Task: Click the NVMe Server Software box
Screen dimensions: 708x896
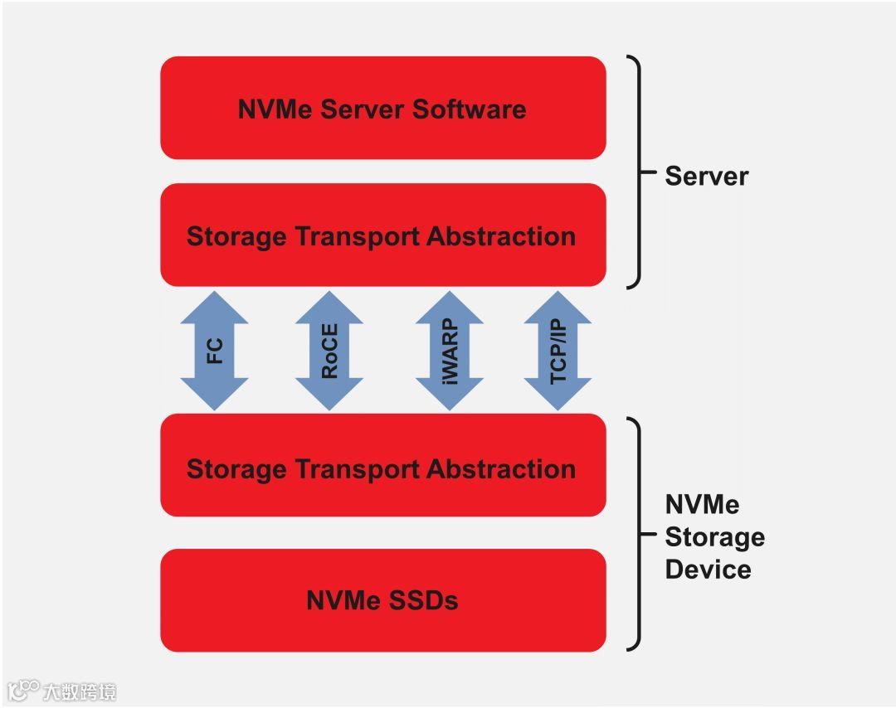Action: pyautogui.click(x=382, y=108)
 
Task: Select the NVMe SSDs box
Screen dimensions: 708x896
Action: pyautogui.click(x=382, y=599)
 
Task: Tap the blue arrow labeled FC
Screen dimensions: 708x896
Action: pyautogui.click(x=214, y=351)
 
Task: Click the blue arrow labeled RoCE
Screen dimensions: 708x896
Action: pyautogui.click(x=329, y=351)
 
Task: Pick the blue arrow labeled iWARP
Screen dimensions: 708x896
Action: pyautogui.click(x=449, y=351)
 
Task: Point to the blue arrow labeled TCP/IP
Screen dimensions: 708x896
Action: pyautogui.click(x=558, y=351)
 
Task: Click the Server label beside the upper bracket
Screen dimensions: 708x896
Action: pyautogui.click(x=706, y=176)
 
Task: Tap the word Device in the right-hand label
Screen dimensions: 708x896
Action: pyautogui.click(x=708, y=570)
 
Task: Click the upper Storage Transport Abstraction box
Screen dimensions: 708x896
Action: pyautogui.click(x=382, y=235)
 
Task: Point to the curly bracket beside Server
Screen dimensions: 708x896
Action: pyautogui.click(x=636, y=172)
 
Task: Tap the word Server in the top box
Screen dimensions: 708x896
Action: pyautogui.click(x=363, y=109)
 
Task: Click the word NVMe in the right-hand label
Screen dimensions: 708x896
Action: pyautogui.click(x=702, y=505)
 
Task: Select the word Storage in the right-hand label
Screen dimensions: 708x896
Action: pyautogui.click(x=714, y=537)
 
